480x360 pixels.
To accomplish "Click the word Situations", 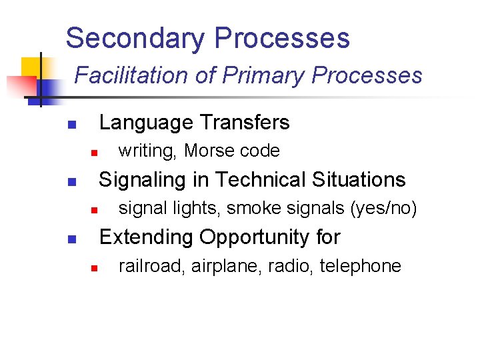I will pyautogui.click(x=360, y=180).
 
